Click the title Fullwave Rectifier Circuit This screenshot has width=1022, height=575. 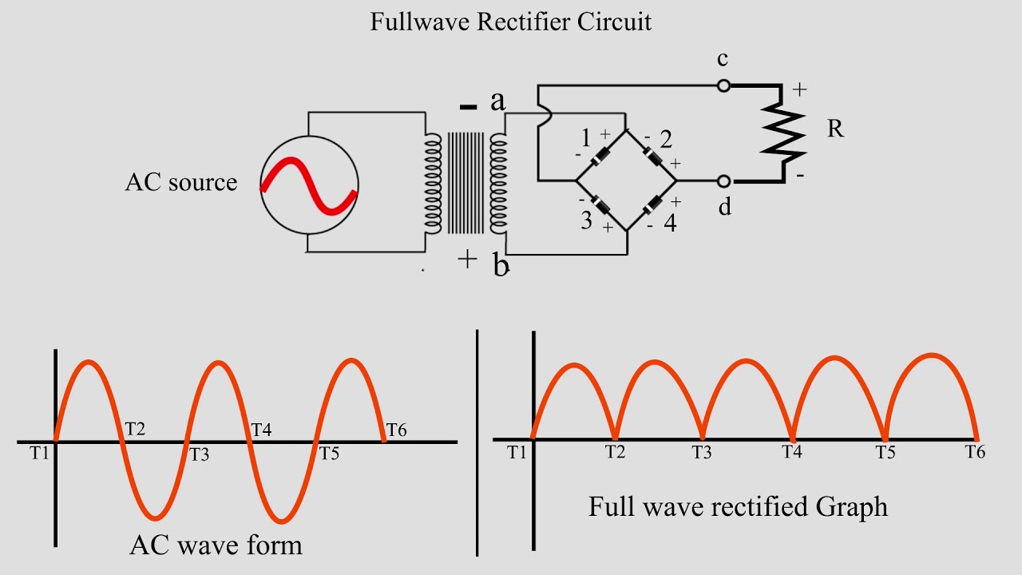click(511, 21)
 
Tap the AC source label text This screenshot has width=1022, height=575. click(181, 182)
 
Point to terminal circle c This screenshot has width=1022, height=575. click(723, 85)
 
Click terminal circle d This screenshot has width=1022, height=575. click(723, 180)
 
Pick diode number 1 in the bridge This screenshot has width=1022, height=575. click(600, 156)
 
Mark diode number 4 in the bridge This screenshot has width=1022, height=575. click(653, 205)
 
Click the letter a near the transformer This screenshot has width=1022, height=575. click(498, 101)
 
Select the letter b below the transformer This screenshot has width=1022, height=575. click(500, 267)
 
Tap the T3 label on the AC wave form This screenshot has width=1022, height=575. click(199, 455)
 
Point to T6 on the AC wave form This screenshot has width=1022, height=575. click(397, 431)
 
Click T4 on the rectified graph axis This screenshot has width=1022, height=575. click(792, 452)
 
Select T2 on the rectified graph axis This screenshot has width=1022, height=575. click(614, 452)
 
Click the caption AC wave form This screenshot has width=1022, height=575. click(216, 545)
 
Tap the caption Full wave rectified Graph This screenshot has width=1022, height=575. click(738, 506)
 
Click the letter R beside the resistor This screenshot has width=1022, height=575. click(835, 129)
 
